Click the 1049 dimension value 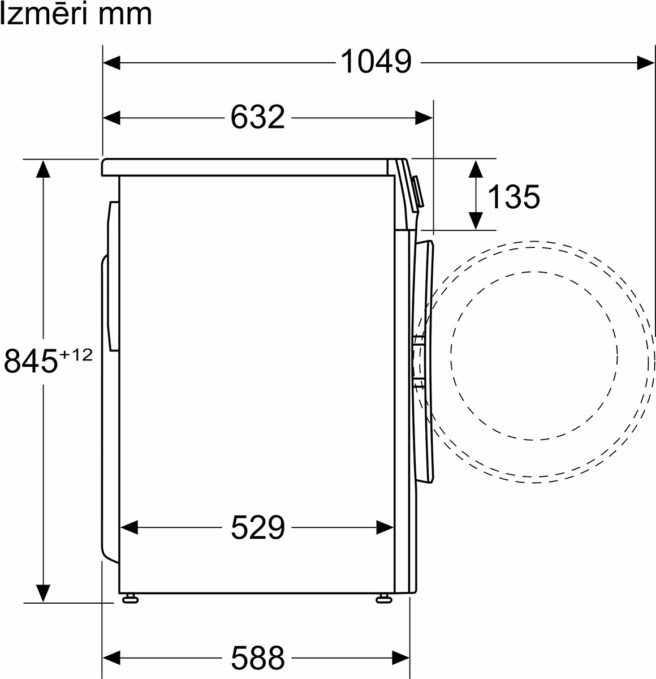pyautogui.click(x=376, y=62)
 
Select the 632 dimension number pyautogui.click(x=258, y=117)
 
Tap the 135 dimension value pyautogui.click(x=513, y=197)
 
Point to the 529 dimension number pyautogui.click(x=258, y=527)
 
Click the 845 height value pyautogui.click(x=31, y=361)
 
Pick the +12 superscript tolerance pyautogui.click(x=76, y=355)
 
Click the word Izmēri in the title pyautogui.click(x=43, y=14)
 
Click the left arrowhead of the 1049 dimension pyautogui.click(x=111, y=63)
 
